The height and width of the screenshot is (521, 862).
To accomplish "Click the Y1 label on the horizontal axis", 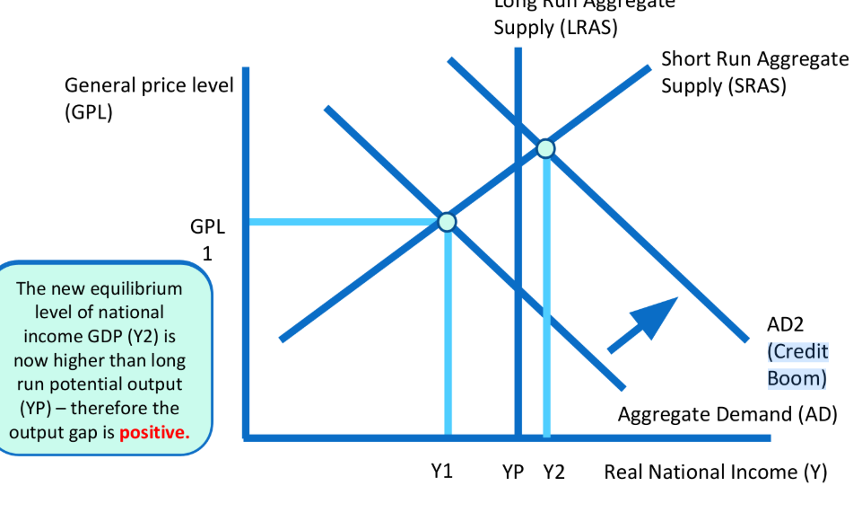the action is pyautogui.click(x=440, y=472).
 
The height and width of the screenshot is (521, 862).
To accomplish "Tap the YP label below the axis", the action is pyautogui.click(x=512, y=472).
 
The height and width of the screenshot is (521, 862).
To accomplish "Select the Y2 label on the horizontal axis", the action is pyautogui.click(x=554, y=472).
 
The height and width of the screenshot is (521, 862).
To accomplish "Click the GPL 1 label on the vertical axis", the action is pyautogui.click(x=207, y=239).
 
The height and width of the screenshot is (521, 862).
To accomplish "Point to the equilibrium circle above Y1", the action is pyautogui.click(x=447, y=221).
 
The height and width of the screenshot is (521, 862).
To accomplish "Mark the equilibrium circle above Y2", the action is pyautogui.click(x=545, y=148).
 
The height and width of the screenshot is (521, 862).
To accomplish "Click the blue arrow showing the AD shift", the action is pyautogui.click(x=642, y=323).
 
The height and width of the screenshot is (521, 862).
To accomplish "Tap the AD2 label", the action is pyautogui.click(x=789, y=324).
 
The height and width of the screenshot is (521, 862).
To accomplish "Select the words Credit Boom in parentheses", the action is pyautogui.click(x=797, y=365).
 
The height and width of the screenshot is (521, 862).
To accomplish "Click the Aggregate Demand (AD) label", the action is pyautogui.click(x=727, y=414).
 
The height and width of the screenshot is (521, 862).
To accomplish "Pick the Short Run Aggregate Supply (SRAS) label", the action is pyautogui.click(x=754, y=73).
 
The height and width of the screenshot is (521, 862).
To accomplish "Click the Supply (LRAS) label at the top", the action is pyautogui.click(x=555, y=27).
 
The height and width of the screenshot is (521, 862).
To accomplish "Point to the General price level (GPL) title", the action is pyautogui.click(x=148, y=99).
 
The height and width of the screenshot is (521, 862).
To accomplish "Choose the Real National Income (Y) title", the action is pyautogui.click(x=715, y=472).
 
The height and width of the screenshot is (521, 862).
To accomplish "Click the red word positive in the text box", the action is pyautogui.click(x=154, y=432).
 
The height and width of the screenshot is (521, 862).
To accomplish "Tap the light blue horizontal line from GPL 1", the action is pyautogui.click(x=345, y=221).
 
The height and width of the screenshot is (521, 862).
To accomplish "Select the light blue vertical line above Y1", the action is pyautogui.click(x=447, y=332).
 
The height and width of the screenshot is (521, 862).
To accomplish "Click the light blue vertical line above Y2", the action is pyautogui.click(x=546, y=296).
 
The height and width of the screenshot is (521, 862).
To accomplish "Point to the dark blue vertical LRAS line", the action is pyautogui.click(x=518, y=269).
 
